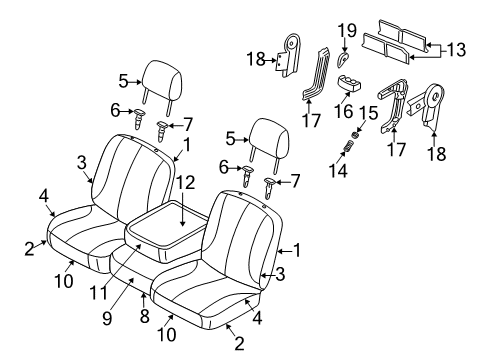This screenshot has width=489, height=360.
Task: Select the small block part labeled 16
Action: pyautogui.click(x=354, y=82)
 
